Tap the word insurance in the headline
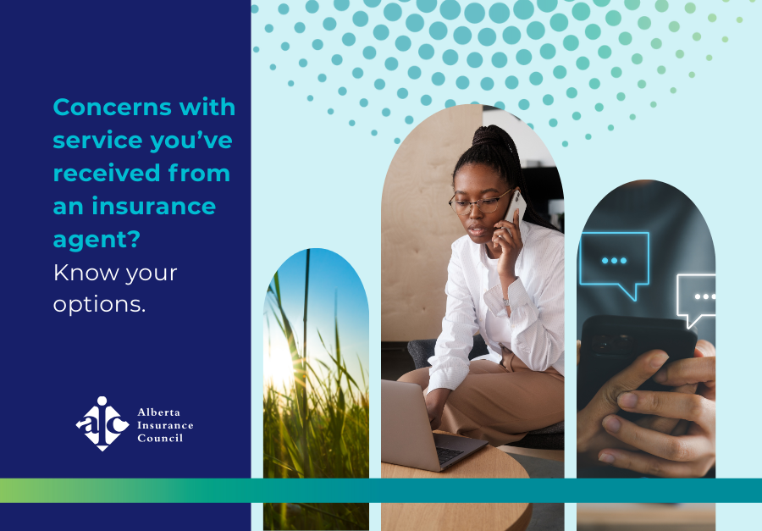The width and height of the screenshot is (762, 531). [x=154, y=206]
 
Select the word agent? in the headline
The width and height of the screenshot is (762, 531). [x=97, y=240]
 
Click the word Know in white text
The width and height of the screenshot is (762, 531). [x=86, y=273]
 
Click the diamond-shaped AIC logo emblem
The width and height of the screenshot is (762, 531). [x=102, y=423]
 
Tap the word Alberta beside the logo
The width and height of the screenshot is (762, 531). [x=159, y=412]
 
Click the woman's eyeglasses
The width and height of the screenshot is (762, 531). [x=478, y=202]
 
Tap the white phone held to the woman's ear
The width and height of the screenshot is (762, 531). [x=514, y=207]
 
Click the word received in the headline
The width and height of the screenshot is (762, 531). [x=107, y=173]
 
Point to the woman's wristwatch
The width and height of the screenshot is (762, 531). [x=506, y=302]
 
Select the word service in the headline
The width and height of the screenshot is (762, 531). [x=97, y=141]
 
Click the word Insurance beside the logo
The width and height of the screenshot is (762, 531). [x=165, y=425]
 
